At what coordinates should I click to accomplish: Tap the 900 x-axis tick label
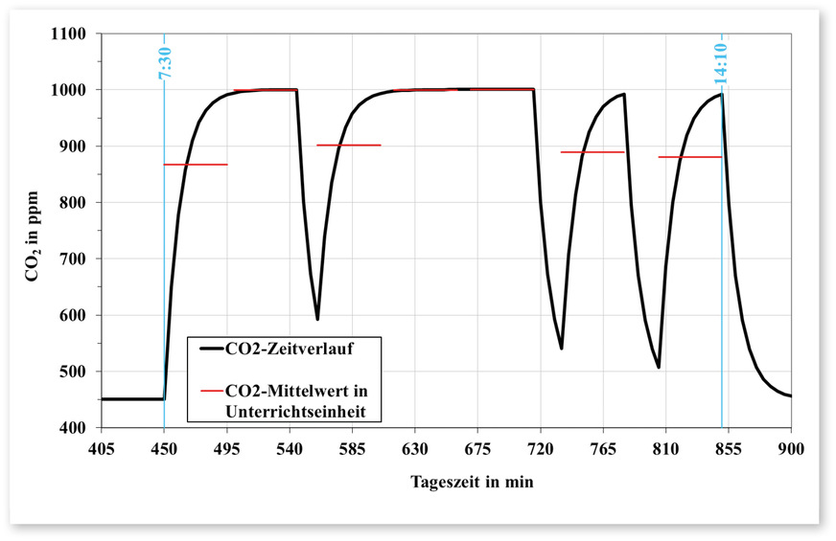point(791,447)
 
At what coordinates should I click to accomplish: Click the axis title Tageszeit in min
point(446,482)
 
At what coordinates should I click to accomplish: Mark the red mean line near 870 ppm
point(195,165)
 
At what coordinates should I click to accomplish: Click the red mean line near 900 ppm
point(348,146)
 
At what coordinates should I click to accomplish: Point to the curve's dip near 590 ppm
point(317,318)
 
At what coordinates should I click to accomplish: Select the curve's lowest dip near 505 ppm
point(659,367)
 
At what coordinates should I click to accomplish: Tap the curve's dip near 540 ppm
point(561,348)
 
